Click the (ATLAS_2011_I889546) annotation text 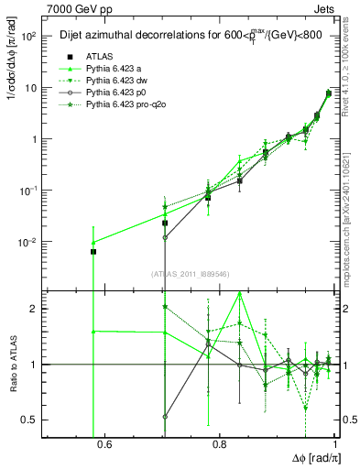(191, 274)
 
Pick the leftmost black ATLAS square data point (93, 251)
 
